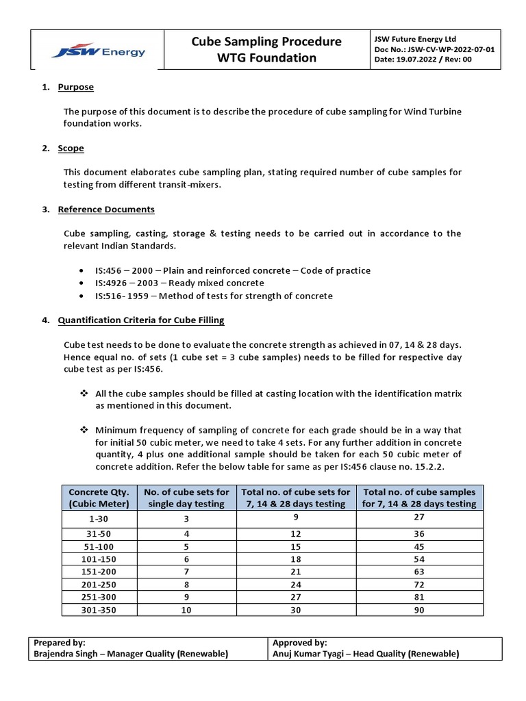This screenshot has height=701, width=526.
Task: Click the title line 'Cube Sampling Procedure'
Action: (266, 42)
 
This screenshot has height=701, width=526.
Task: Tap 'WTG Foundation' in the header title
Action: (266, 58)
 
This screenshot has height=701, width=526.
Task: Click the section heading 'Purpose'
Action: (76, 87)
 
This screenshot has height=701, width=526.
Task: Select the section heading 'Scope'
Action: (71, 148)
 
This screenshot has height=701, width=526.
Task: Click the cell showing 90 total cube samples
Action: (419, 609)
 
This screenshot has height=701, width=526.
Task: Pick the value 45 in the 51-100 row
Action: (419, 546)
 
